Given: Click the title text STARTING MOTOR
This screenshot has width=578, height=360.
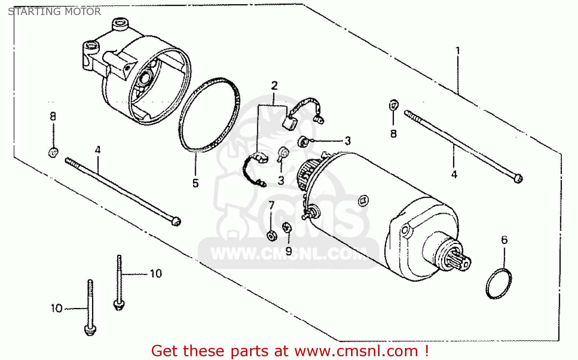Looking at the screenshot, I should point(54,12).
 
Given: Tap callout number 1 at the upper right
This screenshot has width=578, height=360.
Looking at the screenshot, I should point(458,50).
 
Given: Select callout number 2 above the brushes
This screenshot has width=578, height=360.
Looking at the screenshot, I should point(274,86).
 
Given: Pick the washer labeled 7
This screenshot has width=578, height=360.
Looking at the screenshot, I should point(272,235).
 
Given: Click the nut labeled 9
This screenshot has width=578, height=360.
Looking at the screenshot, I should point(287,228).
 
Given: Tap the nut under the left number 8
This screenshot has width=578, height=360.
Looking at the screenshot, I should point(53,153).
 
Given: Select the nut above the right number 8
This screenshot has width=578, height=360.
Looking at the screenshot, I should point(393,105).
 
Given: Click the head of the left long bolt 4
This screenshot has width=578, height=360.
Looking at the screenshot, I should point(175,221).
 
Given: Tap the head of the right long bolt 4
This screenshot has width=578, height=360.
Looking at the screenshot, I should point(518,178).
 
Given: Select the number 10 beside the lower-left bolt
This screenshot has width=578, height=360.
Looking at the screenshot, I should point(57,308).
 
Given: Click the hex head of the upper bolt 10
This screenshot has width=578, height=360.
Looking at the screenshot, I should point(119,304).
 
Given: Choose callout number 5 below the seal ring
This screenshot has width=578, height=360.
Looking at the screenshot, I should point(196,183).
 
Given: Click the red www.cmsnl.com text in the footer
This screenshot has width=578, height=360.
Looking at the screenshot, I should point(356,351).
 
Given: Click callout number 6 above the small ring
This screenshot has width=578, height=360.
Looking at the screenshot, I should point(504,240).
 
